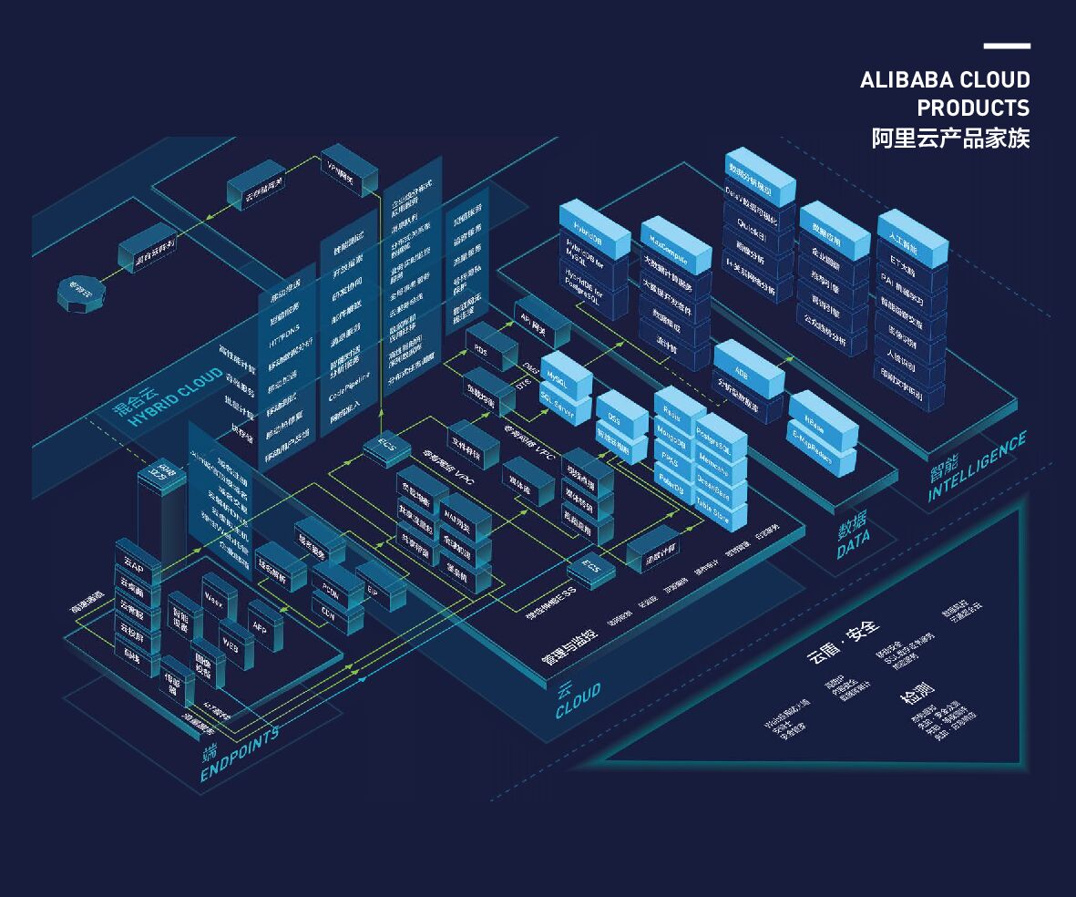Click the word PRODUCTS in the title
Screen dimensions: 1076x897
[973, 108]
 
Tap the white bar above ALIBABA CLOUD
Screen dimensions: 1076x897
[1007, 46]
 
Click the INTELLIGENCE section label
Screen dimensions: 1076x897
[977, 468]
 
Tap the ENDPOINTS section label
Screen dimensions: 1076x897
[239, 757]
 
